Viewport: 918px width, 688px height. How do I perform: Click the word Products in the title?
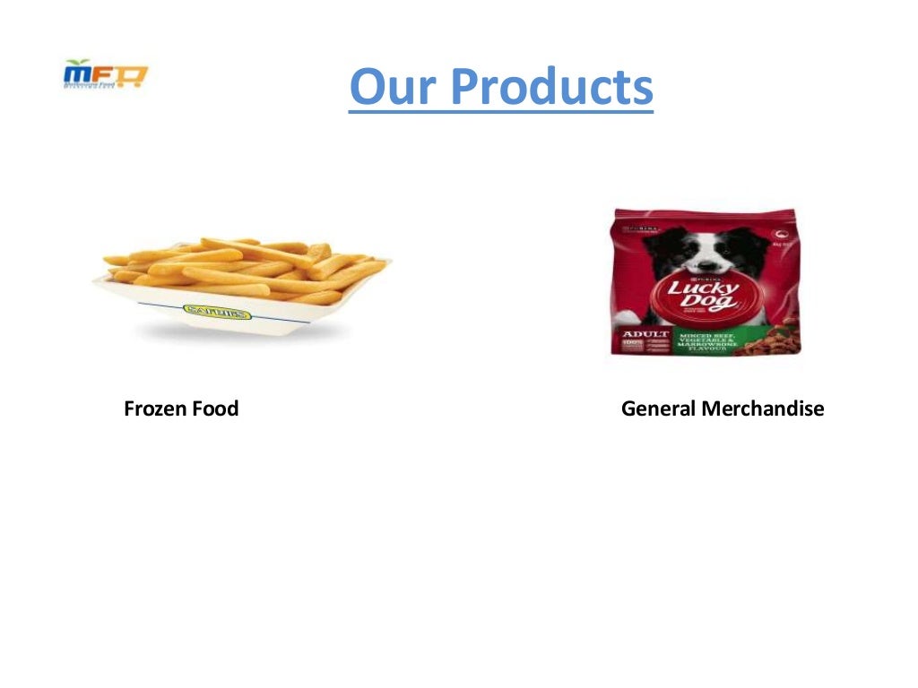tap(550, 87)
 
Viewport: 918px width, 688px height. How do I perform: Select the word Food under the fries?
tap(215, 409)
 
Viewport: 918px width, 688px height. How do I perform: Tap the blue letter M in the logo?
tap(77, 76)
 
